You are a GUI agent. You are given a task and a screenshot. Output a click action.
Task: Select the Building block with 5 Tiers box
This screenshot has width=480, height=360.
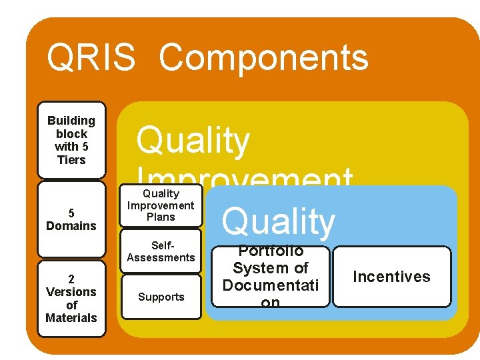[71, 140]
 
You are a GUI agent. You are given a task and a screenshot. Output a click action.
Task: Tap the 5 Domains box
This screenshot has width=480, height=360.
[71, 219]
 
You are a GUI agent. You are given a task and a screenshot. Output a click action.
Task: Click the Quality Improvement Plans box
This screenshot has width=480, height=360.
[161, 205]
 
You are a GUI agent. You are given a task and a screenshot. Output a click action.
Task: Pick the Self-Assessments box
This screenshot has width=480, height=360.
[161, 251]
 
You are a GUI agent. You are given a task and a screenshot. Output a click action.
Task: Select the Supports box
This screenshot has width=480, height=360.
[161, 297]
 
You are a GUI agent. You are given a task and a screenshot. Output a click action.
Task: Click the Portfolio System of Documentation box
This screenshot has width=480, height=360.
[270, 277]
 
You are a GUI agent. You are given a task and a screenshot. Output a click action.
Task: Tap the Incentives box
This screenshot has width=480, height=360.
[391, 277]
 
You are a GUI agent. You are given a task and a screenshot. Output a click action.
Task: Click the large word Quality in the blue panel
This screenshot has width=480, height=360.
[278, 222]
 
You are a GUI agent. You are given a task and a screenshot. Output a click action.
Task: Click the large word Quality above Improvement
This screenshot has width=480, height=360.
[193, 141]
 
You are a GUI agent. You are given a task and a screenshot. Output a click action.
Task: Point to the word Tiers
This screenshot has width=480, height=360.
[71, 160]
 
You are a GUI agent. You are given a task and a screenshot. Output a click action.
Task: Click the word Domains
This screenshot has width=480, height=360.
[71, 226]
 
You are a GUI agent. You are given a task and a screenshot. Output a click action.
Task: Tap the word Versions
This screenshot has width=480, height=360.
[71, 292]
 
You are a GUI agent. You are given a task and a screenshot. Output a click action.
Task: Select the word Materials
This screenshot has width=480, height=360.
[71, 318]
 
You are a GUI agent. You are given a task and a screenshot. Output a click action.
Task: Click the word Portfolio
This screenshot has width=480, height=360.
[271, 251]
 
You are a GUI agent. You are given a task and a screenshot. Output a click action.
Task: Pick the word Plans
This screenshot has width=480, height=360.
[161, 217]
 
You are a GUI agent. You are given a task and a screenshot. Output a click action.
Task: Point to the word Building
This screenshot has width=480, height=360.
[71, 121]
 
